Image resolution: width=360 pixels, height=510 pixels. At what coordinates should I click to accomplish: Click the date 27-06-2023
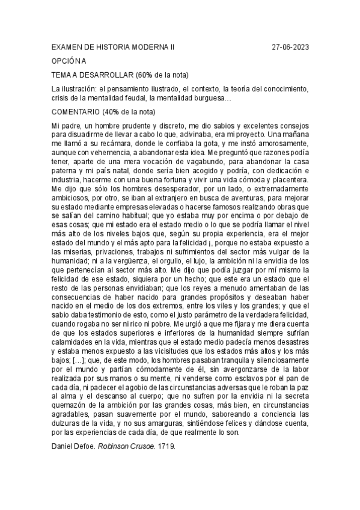291,47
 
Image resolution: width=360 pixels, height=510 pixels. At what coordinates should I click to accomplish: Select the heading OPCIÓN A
69,61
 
